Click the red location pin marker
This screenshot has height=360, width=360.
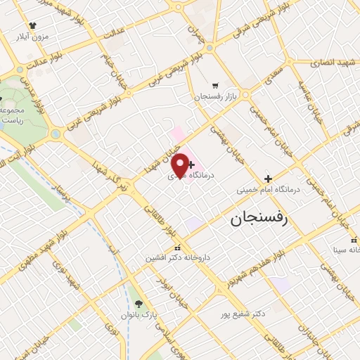[181, 165]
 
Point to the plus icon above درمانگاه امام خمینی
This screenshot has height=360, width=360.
[267, 178]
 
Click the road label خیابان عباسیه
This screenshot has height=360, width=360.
[308, 99]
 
